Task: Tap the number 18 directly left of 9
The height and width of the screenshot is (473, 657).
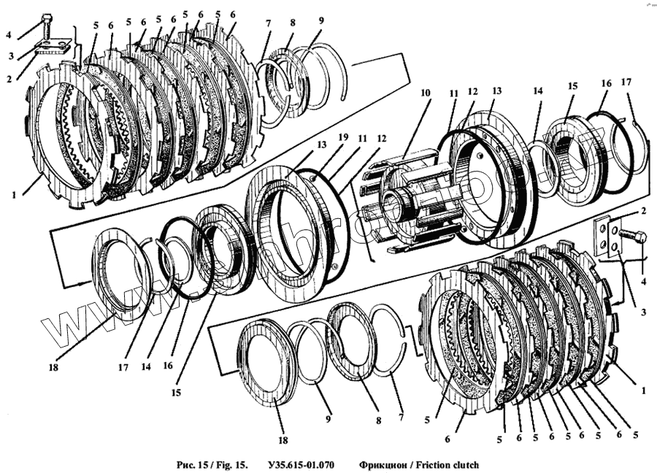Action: click(283, 440)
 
